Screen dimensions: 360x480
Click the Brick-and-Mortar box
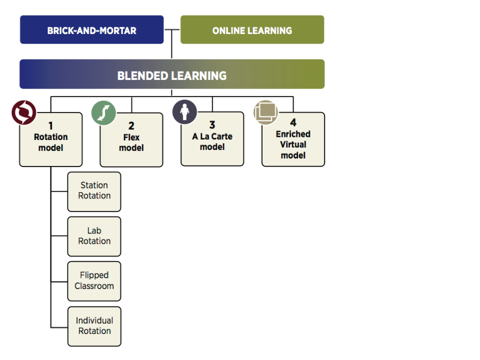pos(91,30)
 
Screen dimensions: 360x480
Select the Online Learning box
pos(252,30)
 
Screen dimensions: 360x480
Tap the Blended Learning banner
pos(172,75)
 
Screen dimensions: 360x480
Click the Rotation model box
pos(51,142)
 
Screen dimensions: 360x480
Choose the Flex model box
pos(131,142)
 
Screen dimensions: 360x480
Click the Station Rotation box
pos(94,191)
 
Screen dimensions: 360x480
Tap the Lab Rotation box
pos(94,236)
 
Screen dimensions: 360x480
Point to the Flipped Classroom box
pos(94,281)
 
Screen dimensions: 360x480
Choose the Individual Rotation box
pos(94,326)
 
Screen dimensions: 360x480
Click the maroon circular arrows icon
pos(24,112)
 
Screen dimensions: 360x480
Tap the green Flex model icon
pos(103,112)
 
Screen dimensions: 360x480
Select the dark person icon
pos(184,111)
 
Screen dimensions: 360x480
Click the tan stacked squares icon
pos(265,112)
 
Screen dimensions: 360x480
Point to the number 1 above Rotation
pos(50,126)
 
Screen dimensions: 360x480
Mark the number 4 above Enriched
pos(293,123)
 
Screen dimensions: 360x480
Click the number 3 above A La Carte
pos(212,125)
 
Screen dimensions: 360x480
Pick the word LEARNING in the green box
pos(273,30)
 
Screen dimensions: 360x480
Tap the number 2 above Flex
pos(131,126)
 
